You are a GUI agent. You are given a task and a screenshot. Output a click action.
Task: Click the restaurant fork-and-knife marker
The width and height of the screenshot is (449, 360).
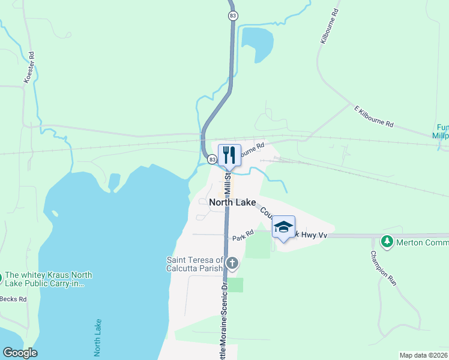pos(229,155)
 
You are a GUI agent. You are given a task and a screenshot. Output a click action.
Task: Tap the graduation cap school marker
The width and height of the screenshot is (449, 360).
pos(283,227)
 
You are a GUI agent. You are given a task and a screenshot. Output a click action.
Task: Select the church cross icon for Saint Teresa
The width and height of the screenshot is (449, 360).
pos(232,263)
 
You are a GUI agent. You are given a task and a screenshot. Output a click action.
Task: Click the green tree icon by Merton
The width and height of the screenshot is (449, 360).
pos(387,242)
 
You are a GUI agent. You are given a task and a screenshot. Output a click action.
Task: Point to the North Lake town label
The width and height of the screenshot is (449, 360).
pos(232,203)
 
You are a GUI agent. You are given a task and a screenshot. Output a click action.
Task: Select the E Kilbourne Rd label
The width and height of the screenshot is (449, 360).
pos(373,116)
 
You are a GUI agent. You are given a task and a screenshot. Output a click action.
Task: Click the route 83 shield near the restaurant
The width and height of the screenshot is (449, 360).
pos(212,160)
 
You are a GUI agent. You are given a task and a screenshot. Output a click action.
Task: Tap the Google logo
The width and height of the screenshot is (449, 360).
pos(20,353)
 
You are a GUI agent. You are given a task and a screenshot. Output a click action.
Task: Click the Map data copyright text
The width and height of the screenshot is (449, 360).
pos(423,355)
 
